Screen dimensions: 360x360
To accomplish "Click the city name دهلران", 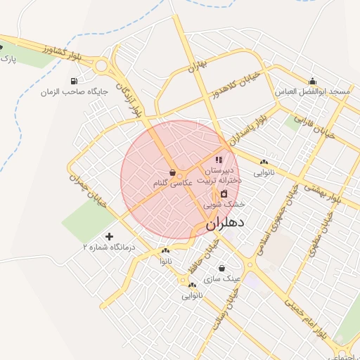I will point(225,224).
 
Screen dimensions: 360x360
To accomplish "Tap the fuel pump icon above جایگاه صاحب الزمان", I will point(74,81).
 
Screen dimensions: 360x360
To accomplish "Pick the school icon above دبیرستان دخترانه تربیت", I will point(219,160).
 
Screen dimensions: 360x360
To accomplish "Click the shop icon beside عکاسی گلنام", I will point(173,172).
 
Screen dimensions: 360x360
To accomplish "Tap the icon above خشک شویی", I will point(224,193).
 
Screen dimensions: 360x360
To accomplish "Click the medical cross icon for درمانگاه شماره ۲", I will point(109,236).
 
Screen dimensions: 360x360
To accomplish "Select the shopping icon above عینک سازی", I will point(222,268).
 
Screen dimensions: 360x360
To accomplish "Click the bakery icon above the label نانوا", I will point(165,251).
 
